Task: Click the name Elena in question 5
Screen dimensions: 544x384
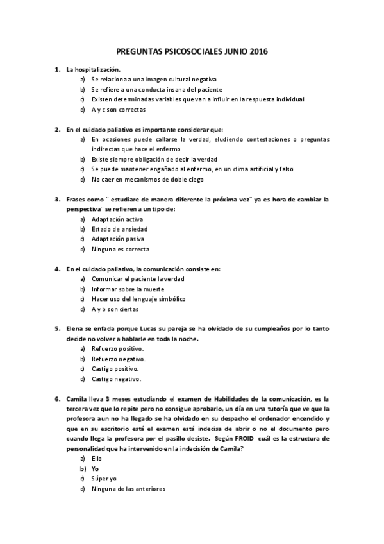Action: coord(75,328)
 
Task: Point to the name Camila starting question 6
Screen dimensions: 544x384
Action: coord(77,398)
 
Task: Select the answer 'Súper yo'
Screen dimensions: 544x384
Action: coord(104,479)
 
